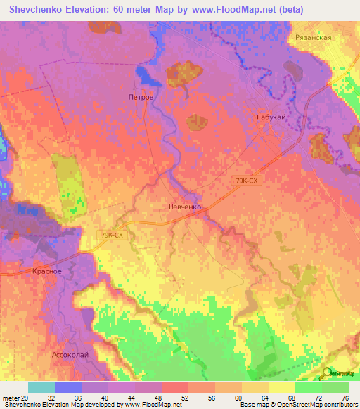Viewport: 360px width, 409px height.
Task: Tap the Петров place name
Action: [x=140, y=96]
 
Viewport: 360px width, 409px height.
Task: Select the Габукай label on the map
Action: [x=271, y=118]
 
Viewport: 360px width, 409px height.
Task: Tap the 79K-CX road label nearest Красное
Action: [x=113, y=235]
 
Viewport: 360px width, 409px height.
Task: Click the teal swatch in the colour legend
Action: [x=41, y=387]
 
